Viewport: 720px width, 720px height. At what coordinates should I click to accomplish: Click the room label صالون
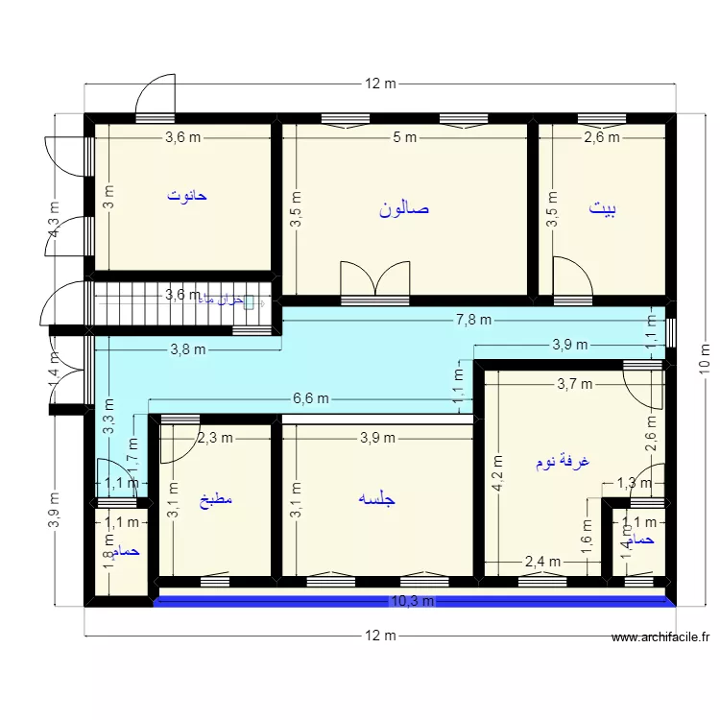point(404,208)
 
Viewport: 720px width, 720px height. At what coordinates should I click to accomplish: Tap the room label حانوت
point(187,195)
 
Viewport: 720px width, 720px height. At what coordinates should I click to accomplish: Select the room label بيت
point(603,208)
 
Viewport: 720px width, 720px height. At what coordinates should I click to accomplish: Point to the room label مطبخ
point(216,500)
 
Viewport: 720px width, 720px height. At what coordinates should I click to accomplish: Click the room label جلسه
point(376,499)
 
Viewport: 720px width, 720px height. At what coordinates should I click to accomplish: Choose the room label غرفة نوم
point(563,462)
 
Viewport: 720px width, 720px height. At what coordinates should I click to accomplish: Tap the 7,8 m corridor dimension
point(473,321)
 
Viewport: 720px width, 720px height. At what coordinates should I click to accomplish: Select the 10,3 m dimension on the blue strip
point(413,601)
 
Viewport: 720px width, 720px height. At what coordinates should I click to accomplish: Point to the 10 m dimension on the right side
point(704,358)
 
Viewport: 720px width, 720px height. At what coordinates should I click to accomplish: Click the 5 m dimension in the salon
point(404,137)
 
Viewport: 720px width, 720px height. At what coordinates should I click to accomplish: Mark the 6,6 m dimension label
point(311,398)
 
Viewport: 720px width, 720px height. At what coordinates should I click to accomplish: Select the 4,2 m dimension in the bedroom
point(497,475)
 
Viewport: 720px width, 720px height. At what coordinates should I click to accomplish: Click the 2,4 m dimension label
point(541,562)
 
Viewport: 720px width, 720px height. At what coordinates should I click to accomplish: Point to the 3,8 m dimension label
point(188,349)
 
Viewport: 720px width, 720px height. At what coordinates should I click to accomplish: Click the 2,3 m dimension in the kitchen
point(214,438)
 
